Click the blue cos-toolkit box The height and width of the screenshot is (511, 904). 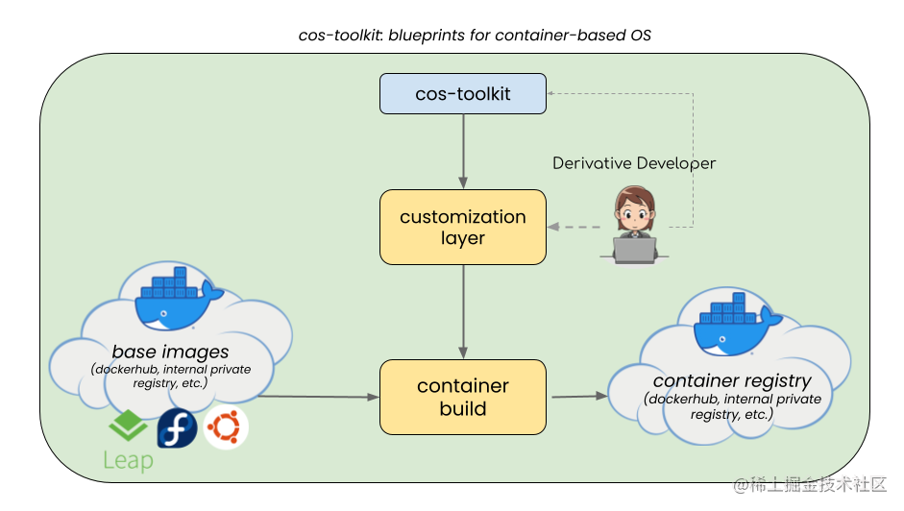(x=462, y=94)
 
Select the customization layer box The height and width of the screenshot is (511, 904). (x=462, y=227)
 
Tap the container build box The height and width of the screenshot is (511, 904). (x=462, y=397)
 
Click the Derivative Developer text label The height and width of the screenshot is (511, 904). (x=633, y=163)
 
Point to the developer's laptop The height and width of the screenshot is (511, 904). (x=633, y=249)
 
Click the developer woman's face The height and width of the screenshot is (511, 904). (x=634, y=209)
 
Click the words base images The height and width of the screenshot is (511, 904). (x=170, y=352)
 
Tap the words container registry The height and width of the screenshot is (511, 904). (x=732, y=380)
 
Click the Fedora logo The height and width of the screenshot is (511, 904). (x=177, y=427)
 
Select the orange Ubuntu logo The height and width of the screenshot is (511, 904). (x=227, y=427)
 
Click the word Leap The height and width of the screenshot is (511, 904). (x=128, y=461)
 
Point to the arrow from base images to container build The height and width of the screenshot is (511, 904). (x=317, y=396)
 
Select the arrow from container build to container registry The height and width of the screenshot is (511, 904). (x=576, y=395)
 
